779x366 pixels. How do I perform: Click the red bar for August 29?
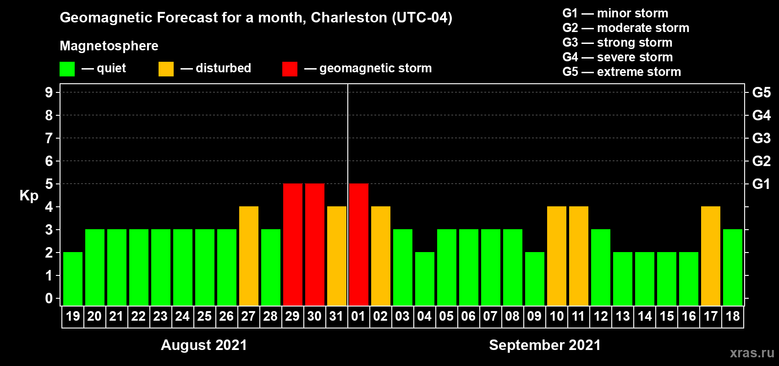coord(293,244)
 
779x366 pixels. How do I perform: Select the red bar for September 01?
coord(359,244)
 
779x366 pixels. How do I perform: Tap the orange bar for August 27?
coord(249,256)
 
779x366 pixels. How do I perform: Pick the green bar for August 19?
coord(73,279)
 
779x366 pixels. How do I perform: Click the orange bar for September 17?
coord(711,256)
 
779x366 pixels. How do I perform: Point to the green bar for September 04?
coord(425,279)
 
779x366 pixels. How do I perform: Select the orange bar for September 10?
coord(557,256)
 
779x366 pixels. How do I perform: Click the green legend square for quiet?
coord(67,69)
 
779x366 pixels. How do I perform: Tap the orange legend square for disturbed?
coord(166,69)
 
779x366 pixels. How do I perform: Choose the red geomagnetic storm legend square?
coord(290,69)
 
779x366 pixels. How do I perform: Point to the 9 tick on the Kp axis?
coord(49,92)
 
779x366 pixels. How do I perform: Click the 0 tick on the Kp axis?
coord(49,298)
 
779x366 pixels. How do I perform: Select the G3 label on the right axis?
coord(761,138)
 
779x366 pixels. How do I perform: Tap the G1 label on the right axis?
coord(761,184)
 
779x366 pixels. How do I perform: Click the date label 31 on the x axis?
coord(336,316)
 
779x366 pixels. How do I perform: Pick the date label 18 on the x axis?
coord(733,316)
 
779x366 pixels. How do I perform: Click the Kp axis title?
coord(29,195)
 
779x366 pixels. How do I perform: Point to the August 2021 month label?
coord(204,345)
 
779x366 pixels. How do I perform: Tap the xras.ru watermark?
coord(752,352)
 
